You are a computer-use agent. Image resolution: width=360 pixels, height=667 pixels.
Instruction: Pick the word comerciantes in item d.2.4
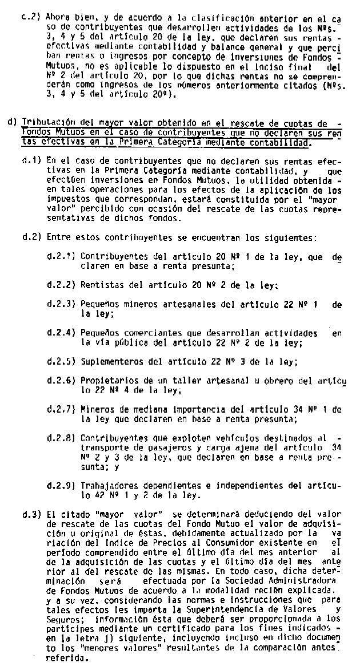[151, 333]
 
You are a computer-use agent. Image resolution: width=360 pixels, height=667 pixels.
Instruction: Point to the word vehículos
[197, 438]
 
